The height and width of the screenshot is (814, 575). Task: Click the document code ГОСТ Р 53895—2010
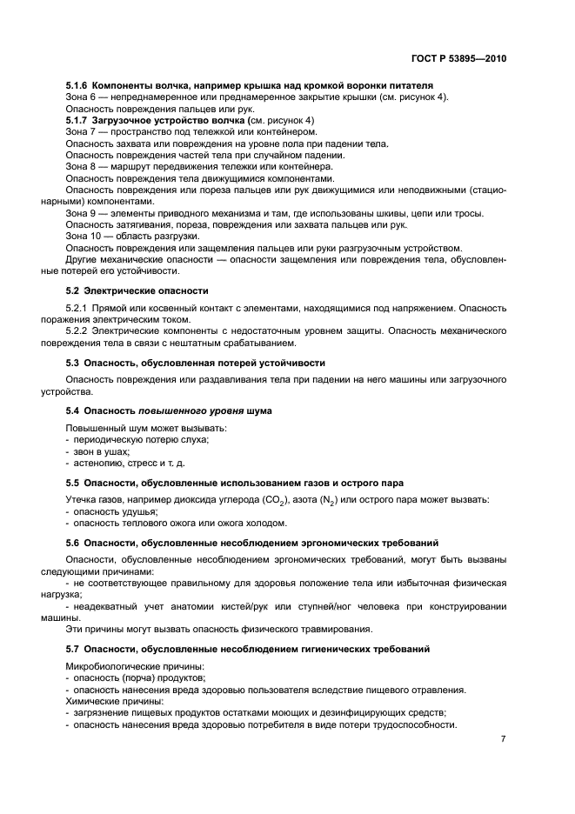(459, 60)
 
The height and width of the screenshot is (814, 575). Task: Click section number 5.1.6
(80, 86)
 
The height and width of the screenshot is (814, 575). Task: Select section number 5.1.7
(80, 119)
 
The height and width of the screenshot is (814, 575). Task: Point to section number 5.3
(73, 362)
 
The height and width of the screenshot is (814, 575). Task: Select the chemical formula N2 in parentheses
(324, 499)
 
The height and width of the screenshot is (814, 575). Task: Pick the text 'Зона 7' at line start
(82, 130)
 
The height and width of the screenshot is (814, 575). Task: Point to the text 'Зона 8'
(82, 165)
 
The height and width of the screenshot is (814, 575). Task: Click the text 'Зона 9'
(82, 213)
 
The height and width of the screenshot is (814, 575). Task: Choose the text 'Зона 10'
(84, 236)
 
